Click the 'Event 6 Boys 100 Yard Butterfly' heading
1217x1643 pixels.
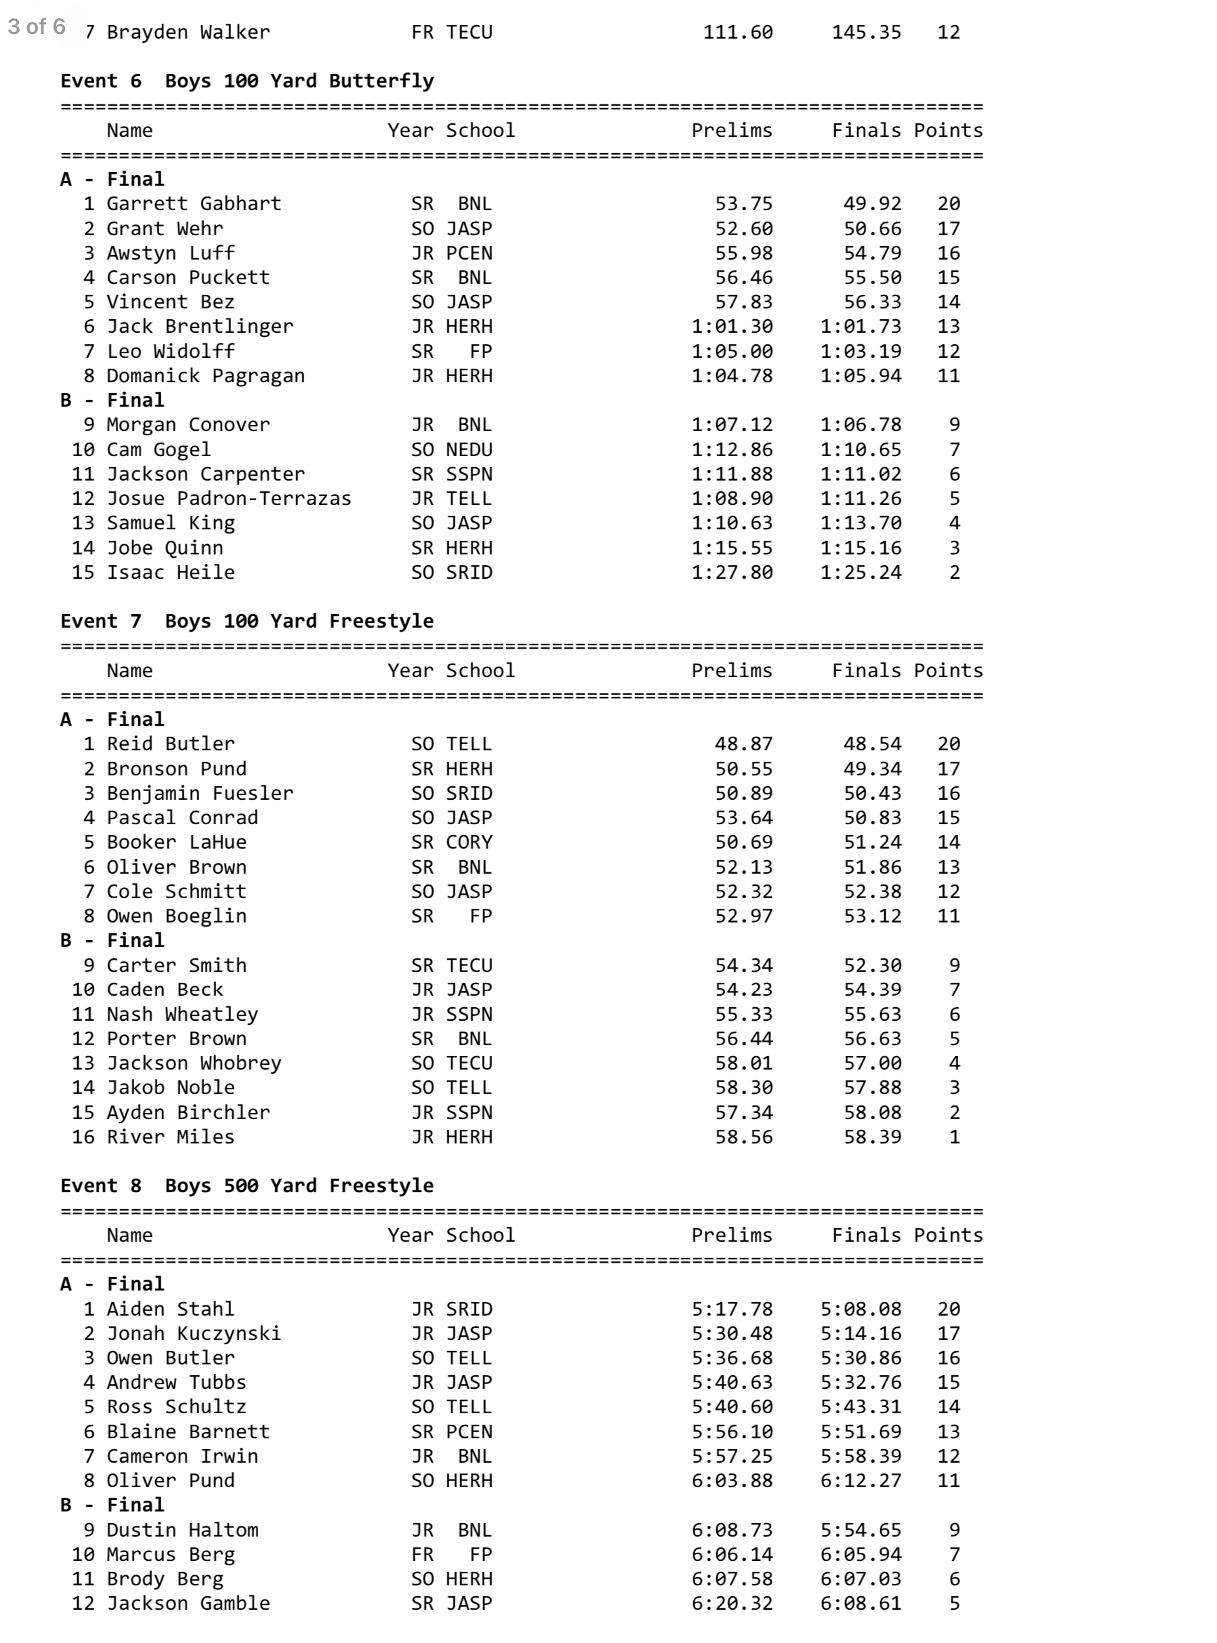pyautogui.click(x=247, y=81)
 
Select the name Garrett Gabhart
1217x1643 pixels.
pyautogui.click(x=194, y=204)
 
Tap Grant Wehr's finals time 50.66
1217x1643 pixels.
pyautogui.click(x=872, y=228)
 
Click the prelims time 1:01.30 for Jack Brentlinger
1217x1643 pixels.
pyautogui.click(x=732, y=327)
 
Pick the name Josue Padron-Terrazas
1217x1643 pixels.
pyautogui.click(x=228, y=499)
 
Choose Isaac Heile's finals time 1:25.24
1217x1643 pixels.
pyautogui.click(x=861, y=573)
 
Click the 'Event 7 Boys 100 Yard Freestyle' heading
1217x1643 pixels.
pyautogui.click(x=247, y=621)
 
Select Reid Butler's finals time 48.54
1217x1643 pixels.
pyautogui.click(x=872, y=744)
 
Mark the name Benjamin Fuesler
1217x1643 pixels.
pyautogui.click(x=200, y=794)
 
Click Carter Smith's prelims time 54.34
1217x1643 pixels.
pyautogui.click(x=743, y=965)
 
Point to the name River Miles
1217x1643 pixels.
pyautogui.click(x=170, y=1137)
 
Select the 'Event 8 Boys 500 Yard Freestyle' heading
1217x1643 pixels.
pyautogui.click(x=247, y=1185)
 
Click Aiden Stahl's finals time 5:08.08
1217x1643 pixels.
pyautogui.click(x=861, y=1309)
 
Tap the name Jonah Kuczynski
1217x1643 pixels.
pyautogui.click(x=194, y=1333)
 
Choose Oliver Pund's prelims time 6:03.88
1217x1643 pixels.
pyautogui.click(x=732, y=1480)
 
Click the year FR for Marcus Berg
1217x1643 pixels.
pyautogui.click(x=422, y=1555)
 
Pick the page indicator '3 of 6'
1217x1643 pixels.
pyautogui.click(x=37, y=27)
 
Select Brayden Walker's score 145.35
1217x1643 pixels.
pyautogui.click(x=867, y=33)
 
